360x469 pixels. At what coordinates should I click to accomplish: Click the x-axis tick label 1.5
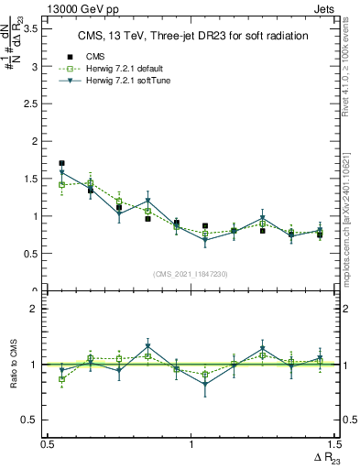tap(334, 444)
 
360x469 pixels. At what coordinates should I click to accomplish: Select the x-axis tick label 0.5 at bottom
tap(48, 444)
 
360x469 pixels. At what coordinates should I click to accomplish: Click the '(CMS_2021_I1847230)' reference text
tap(190, 273)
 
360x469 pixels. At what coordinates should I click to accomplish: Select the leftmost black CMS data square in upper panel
tap(61, 163)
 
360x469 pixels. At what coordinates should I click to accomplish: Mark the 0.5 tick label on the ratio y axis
tap(30, 420)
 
